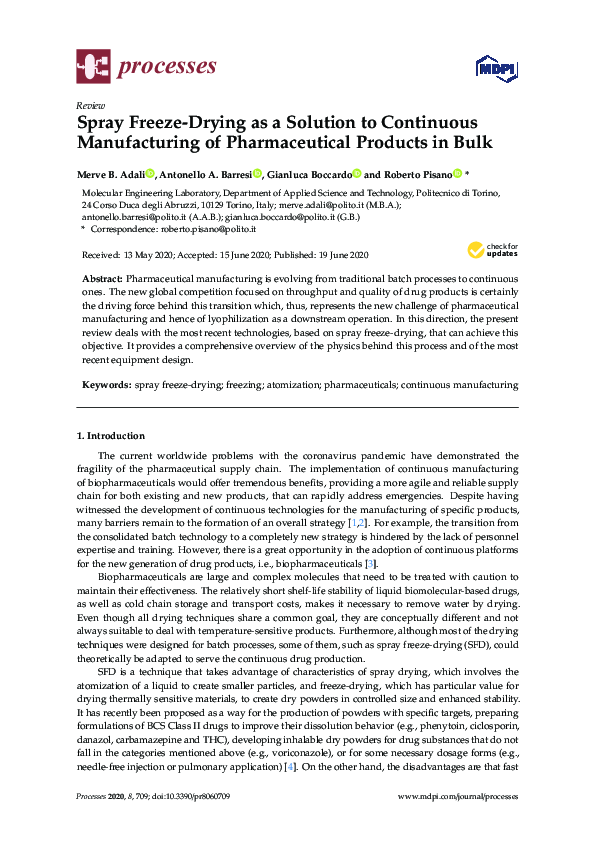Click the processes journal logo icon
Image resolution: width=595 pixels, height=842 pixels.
(94, 68)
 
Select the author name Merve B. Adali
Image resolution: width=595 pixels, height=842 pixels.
(110, 173)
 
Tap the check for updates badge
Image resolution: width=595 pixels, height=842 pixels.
(492, 250)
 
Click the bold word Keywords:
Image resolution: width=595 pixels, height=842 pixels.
(105, 384)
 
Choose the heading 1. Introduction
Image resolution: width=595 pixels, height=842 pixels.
(111, 436)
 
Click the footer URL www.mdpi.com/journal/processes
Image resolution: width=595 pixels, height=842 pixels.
(458, 823)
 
